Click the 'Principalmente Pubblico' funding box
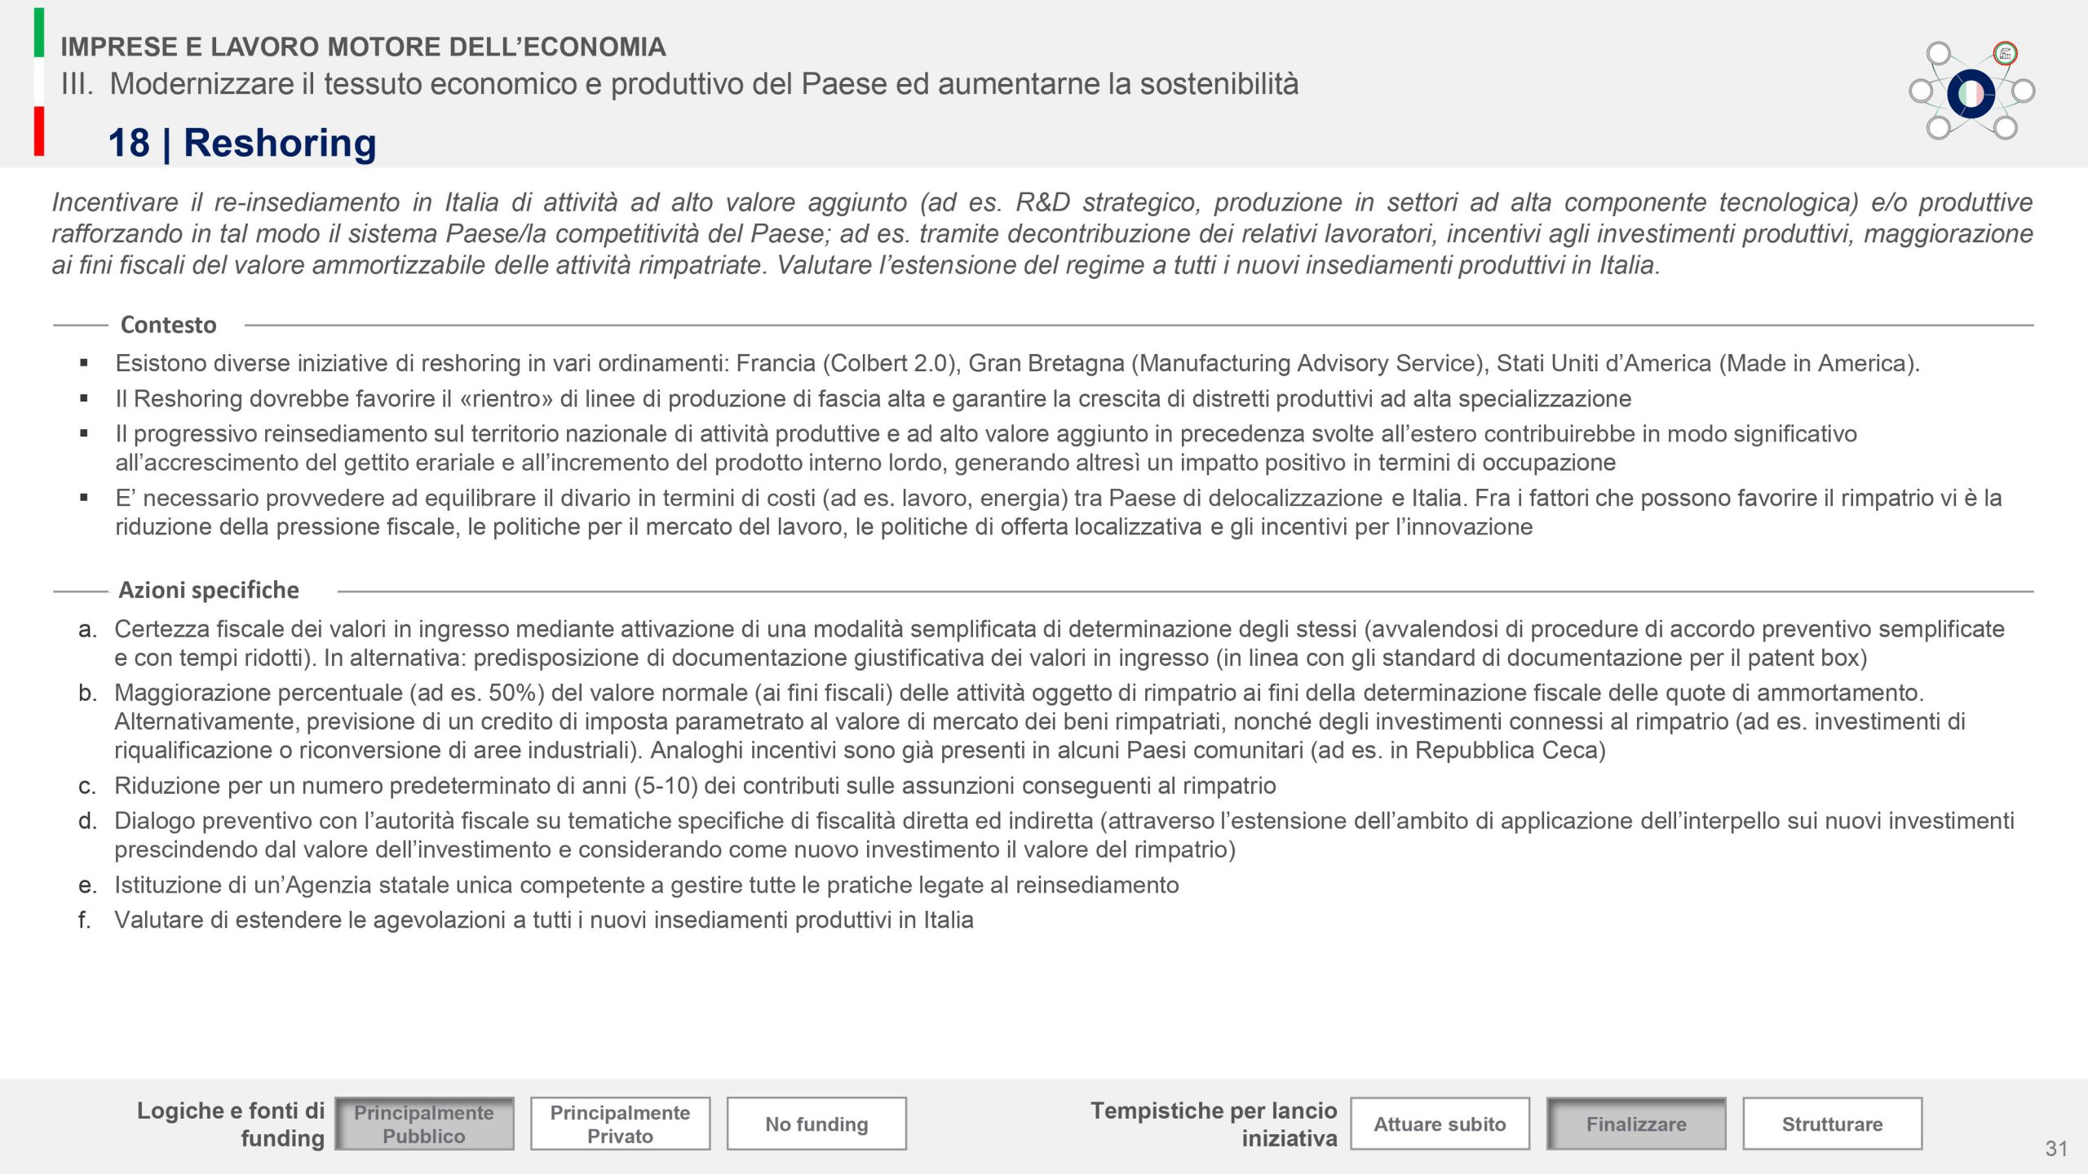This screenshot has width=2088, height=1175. point(424,1124)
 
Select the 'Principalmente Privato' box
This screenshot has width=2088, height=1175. point(620,1124)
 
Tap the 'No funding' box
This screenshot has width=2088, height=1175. point(816,1124)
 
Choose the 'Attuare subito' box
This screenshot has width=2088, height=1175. point(1440,1124)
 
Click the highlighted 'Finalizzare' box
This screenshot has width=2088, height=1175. point(1636,1124)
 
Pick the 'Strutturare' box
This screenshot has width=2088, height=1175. point(1832,1124)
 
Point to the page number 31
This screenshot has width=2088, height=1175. point(2056,1149)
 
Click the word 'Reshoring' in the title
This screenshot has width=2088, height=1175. point(280,143)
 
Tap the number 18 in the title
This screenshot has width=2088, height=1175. point(129,143)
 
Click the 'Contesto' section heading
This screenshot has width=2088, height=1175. point(168,325)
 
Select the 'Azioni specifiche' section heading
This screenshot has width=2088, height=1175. point(209,590)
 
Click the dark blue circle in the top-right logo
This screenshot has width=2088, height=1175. point(1971,94)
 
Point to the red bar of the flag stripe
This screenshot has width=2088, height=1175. point(39,131)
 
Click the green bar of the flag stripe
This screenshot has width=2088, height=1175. point(39,33)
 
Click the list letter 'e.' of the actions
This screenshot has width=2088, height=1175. point(87,885)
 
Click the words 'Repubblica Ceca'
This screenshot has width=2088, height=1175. point(1506,750)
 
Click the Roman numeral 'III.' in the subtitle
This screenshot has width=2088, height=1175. point(77,84)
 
